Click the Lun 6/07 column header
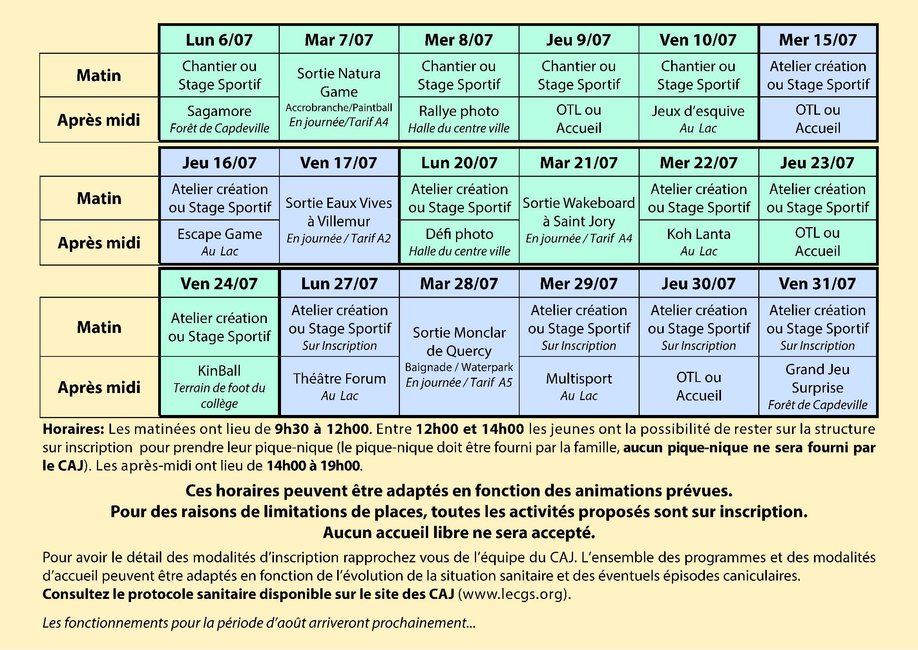(x=219, y=40)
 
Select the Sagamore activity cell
(x=219, y=119)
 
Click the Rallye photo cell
(x=458, y=119)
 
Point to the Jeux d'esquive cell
(x=698, y=119)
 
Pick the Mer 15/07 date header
(x=818, y=40)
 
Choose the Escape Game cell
(x=219, y=242)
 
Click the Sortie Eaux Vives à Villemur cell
(x=339, y=220)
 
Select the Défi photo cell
(x=460, y=242)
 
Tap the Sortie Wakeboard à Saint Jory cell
(x=579, y=220)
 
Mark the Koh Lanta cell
(x=699, y=242)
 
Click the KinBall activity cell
(x=219, y=386)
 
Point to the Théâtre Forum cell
(x=339, y=386)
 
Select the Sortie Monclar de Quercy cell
(x=459, y=356)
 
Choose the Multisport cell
(x=579, y=386)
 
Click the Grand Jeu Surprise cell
(x=817, y=386)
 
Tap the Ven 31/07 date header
(x=817, y=284)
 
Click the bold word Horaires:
(x=73, y=429)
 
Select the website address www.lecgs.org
(x=513, y=594)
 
